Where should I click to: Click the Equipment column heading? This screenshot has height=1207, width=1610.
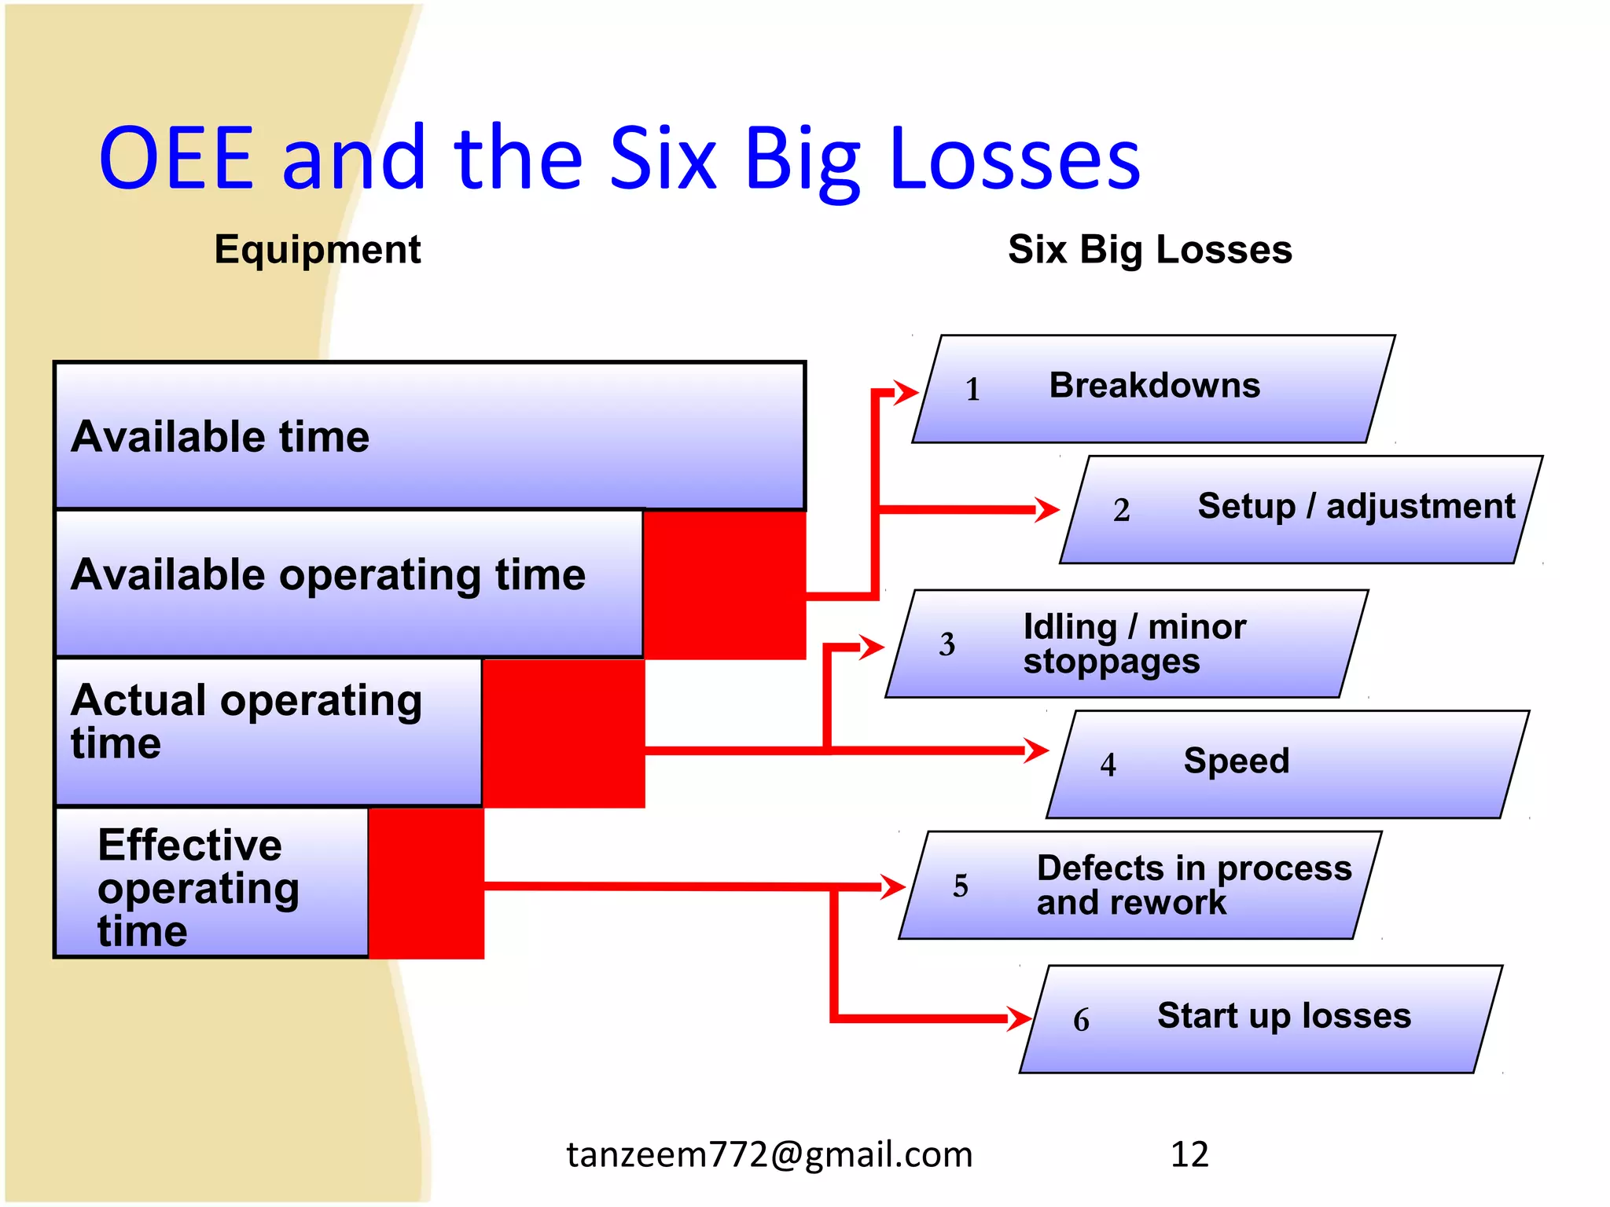coord(318,250)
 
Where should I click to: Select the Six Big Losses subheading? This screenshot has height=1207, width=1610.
coord(1149,250)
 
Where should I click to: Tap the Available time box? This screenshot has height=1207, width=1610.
coord(429,436)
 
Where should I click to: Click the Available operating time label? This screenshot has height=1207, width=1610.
coord(328,574)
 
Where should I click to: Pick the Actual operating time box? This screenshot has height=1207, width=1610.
coord(268,731)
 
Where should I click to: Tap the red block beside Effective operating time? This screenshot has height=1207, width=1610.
coord(426,883)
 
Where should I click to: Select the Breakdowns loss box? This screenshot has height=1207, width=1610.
coord(1153,389)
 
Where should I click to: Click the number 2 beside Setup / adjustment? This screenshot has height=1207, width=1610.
coord(1121,510)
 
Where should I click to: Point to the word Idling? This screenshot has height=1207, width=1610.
coord(1070,627)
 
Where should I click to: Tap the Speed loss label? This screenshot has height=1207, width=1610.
coord(1236,761)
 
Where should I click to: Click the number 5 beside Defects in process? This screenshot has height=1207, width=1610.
coord(960,886)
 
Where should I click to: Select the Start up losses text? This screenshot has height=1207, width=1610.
coord(1284,1015)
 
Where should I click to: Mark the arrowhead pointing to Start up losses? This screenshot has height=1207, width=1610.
coord(1020,1019)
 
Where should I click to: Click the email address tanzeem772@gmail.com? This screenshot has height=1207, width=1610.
coord(770,1154)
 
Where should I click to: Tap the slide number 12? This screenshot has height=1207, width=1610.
coord(1189,1154)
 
